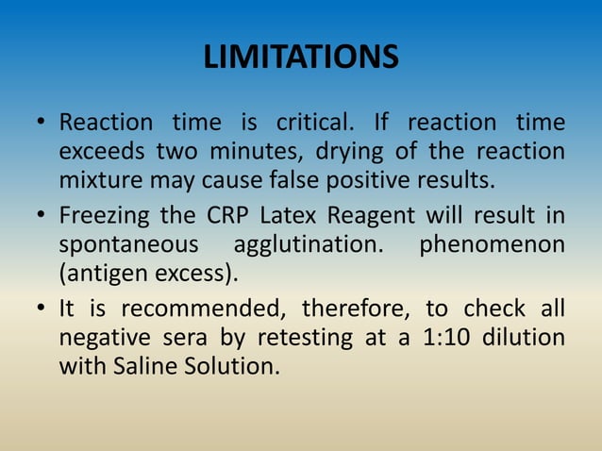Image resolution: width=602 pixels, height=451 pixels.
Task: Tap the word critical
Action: (x=313, y=123)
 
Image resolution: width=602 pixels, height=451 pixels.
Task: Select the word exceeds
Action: (x=101, y=150)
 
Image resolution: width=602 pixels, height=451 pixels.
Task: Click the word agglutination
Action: (x=308, y=243)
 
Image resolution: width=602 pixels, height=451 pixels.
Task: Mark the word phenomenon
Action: (x=492, y=243)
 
